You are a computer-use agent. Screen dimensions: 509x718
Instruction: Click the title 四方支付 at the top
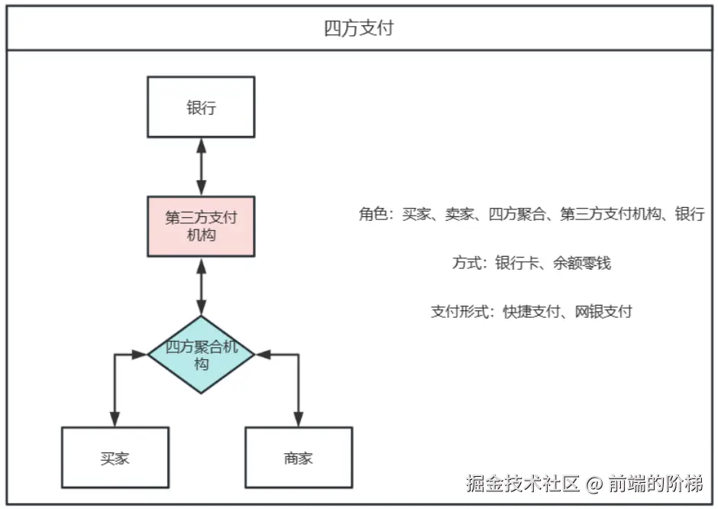[358, 30]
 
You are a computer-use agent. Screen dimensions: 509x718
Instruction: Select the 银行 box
[201, 107]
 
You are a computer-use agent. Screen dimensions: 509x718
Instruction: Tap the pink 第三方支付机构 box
[201, 226]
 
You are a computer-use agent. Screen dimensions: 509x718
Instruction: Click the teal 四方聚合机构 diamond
[201, 355]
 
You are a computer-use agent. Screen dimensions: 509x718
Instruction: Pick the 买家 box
[115, 458]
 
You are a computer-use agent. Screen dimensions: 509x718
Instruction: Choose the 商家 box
[298, 458]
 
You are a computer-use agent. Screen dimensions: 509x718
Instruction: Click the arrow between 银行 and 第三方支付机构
[201, 167]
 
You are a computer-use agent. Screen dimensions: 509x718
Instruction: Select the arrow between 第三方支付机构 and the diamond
[201, 286]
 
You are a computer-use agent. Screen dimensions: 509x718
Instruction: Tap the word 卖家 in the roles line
[460, 215]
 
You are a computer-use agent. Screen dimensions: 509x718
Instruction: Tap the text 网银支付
[603, 312]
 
